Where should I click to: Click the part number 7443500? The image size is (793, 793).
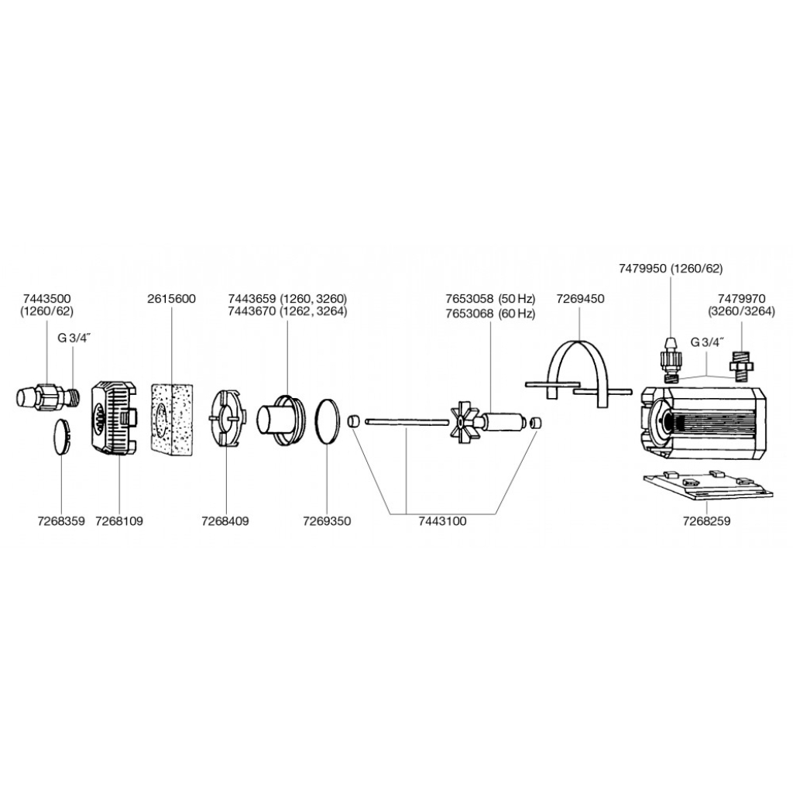(47, 299)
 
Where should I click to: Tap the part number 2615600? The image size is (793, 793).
(171, 299)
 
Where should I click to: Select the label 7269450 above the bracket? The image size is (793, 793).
(580, 299)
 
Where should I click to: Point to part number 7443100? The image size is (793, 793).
(441, 521)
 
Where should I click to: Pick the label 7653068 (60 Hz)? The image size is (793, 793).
(490, 313)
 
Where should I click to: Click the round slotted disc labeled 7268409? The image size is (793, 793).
(226, 418)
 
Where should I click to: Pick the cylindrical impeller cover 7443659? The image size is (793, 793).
(280, 421)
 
